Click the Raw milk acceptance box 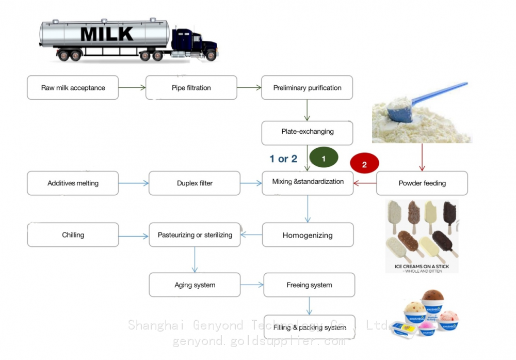click(x=73, y=88)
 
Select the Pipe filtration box click(x=191, y=88)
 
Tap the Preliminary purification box click(x=307, y=88)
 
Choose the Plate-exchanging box click(x=307, y=132)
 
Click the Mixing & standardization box click(x=308, y=182)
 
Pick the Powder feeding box click(x=422, y=183)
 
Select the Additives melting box click(x=73, y=183)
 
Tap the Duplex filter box click(x=195, y=183)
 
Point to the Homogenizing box click(x=308, y=235)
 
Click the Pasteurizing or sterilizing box click(x=195, y=235)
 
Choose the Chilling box click(x=73, y=235)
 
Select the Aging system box click(x=195, y=285)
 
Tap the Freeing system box click(x=309, y=285)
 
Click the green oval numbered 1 click(x=324, y=159)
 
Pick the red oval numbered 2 click(x=364, y=165)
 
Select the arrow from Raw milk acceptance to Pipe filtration click(x=132, y=88)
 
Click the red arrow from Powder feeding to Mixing click(x=365, y=182)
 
